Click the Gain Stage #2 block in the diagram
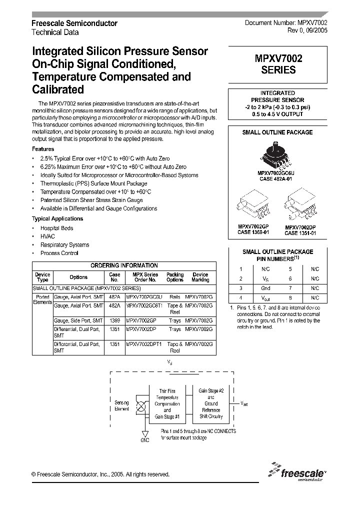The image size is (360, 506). pos(211,403)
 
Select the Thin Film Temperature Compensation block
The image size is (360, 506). pos(167,403)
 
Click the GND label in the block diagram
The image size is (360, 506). pos(145,440)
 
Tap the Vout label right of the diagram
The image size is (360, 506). pos(243,403)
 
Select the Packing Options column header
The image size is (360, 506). pos(175,277)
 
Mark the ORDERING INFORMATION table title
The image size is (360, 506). pos(124,265)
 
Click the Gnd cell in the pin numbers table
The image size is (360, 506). pos(265,288)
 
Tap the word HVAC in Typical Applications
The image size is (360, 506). pos(48,236)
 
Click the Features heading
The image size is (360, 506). pos(43,149)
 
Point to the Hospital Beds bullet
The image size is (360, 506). pos(56,228)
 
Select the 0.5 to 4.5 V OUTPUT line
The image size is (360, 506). pos(277,114)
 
